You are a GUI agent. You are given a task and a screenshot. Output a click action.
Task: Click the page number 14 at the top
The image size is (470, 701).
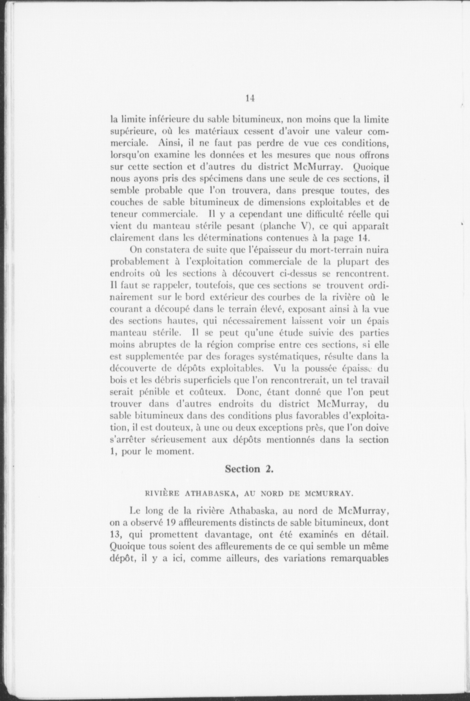250,98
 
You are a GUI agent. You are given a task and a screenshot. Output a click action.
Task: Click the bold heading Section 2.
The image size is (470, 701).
249,469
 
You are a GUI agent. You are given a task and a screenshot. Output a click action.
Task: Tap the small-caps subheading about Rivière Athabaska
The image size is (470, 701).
248,493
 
